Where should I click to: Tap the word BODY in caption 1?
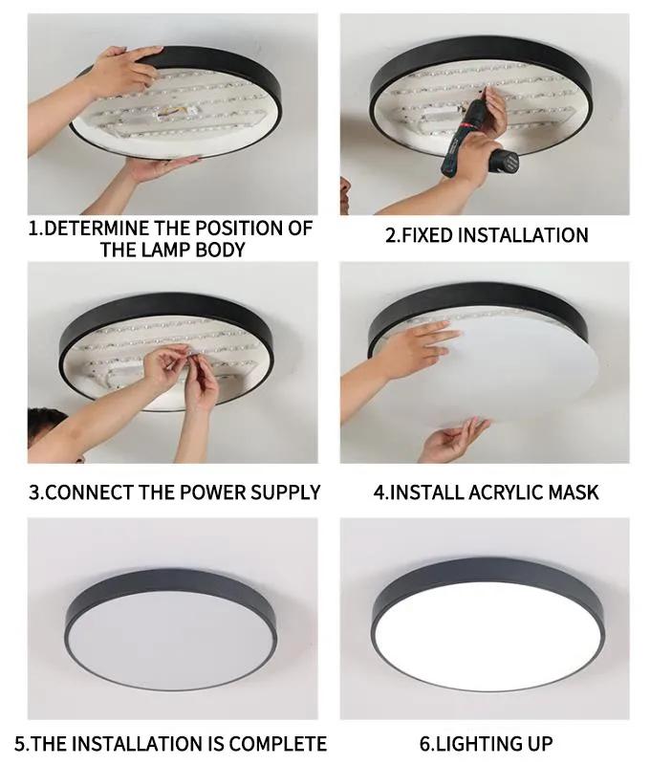click(221, 250)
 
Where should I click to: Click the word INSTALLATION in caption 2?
click(523, 235)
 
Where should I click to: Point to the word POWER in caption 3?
click(212, 492)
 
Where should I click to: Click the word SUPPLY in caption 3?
click(285, 492)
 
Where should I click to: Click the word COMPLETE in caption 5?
click(278, 744)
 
